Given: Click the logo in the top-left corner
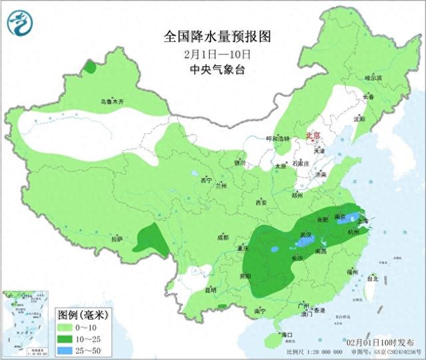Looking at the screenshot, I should pos(22,23).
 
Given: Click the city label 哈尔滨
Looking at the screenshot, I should pos(374,78).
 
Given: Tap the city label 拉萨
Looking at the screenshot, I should pos(117,239).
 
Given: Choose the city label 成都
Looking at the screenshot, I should pos(222,237).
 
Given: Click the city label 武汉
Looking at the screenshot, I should pos(306,235).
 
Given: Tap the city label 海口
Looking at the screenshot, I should pos(288,333).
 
